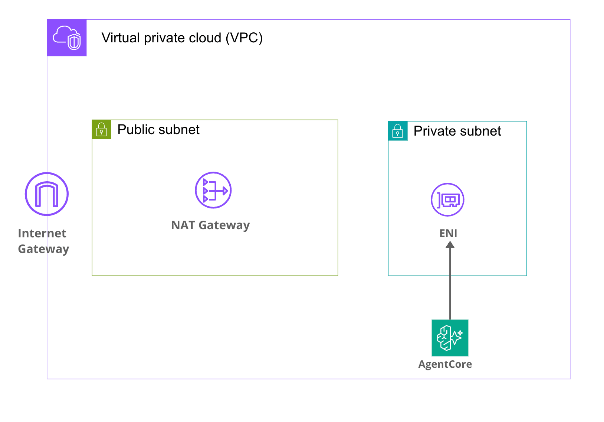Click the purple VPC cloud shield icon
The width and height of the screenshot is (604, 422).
(x=67, y=38)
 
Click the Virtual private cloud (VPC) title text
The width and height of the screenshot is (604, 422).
(x=182, y=38)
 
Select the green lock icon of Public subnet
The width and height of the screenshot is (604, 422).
(x=101, y=130)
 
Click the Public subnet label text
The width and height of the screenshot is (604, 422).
(x=158, y=130)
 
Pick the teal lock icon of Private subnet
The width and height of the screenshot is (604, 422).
(x=398, y=131)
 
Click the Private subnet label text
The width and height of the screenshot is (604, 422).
(x=457, y=131)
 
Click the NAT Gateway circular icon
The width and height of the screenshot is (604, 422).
(x=213, y=190)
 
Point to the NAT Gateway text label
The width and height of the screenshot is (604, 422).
(x=210, y=225)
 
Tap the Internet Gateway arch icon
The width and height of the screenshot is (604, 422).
(x=47, y=194)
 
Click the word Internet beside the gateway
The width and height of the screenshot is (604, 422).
(x=42, y=233)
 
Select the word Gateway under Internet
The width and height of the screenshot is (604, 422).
(x=43, y=249)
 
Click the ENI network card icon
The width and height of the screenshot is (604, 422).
(x=447, y=200)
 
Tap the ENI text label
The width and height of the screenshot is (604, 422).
(x=448, y=233)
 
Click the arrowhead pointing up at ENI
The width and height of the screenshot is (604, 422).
(x=450, y=244)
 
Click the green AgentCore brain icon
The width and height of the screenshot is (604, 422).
(x=450, y=338)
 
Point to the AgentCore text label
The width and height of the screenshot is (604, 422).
(x=445, y=364)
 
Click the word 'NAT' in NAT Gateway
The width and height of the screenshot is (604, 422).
(x=183, y=225)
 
